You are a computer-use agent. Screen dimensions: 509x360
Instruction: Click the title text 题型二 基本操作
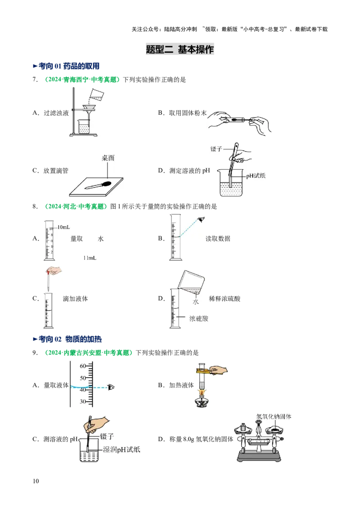point(180,49)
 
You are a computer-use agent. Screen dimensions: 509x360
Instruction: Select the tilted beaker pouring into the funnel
point(97,94)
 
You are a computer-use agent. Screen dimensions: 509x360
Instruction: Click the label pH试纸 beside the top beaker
point(256,176)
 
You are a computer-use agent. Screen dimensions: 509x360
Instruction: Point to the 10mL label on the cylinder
point(63,227)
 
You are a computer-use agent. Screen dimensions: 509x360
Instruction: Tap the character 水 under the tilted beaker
point(196,302)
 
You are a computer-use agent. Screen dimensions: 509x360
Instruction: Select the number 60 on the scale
point(83,366)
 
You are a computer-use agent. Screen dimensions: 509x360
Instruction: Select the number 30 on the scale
point(83,402)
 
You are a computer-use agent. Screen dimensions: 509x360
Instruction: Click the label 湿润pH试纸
point(122,449)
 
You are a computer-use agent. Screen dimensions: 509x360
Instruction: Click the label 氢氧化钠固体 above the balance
point(274,416)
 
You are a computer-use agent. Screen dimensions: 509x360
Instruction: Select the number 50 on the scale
point(83,378)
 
